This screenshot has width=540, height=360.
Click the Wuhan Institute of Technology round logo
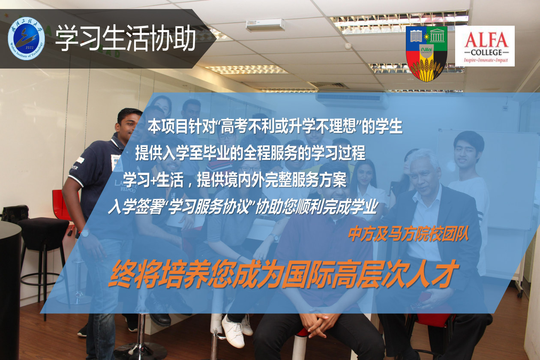26,39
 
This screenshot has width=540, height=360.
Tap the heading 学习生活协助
126,39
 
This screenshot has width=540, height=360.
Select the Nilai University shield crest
426,53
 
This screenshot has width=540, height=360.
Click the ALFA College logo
485,46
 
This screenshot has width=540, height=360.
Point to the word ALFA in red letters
486,40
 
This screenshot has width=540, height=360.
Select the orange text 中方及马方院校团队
408,234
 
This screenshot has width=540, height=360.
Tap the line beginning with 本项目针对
275,126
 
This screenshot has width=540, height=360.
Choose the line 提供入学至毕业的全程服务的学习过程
250,153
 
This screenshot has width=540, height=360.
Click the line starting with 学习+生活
234,180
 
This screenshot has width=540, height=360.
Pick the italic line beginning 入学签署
243,207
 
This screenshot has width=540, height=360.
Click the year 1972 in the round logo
30,48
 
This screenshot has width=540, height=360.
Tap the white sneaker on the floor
233,331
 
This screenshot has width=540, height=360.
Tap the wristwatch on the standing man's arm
84,234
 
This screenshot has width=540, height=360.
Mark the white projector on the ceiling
265,25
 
